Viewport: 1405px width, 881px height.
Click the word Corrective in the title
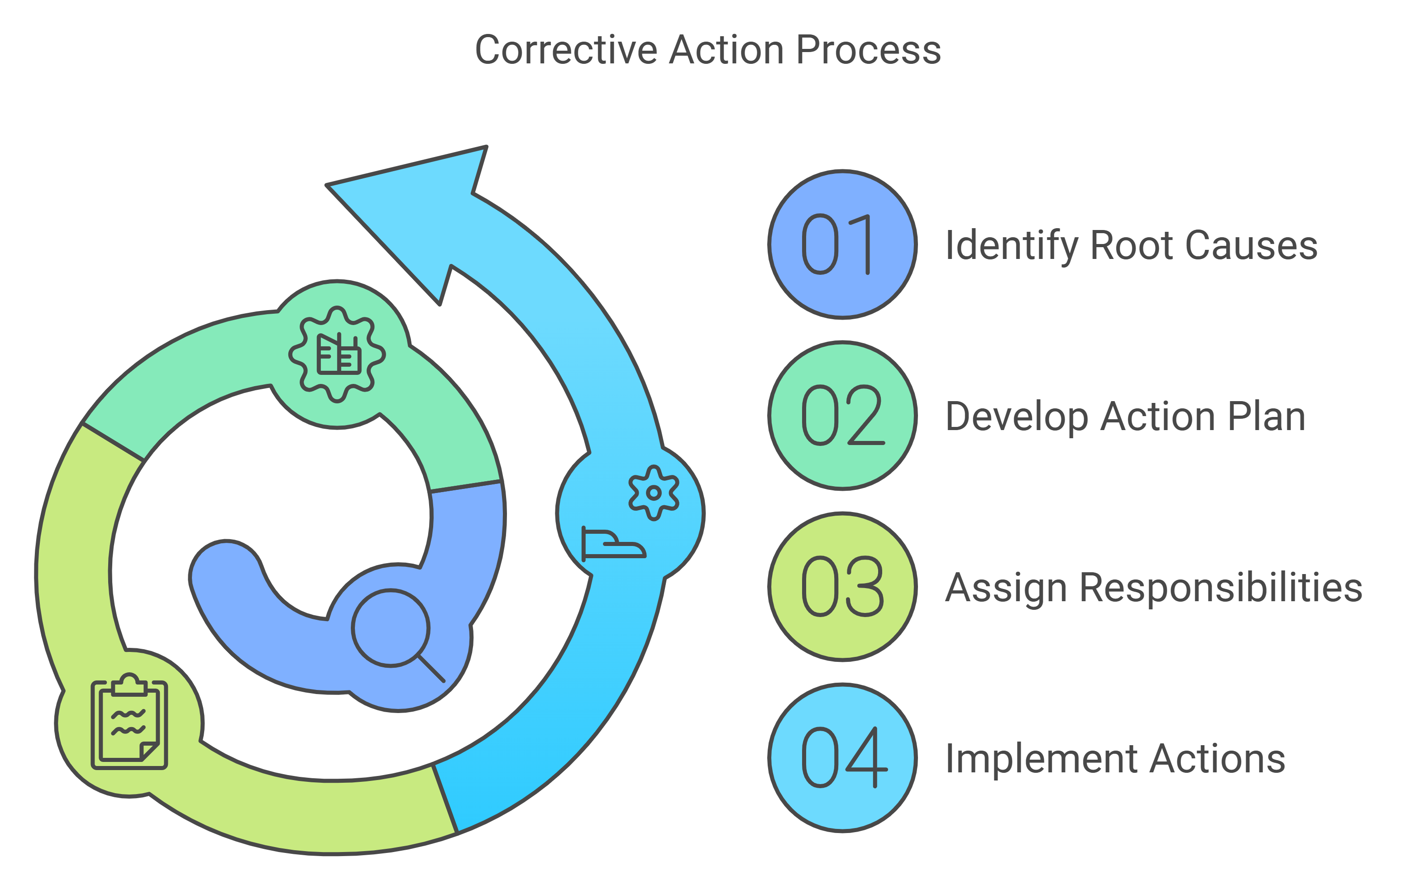[566, 50]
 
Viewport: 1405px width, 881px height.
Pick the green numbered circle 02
[842, 416]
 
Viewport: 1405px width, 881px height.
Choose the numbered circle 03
[842, 587]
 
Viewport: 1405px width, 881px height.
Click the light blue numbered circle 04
[842, 757]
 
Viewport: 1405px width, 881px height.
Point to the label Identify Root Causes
[1131, 246]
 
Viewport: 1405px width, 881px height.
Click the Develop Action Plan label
[1125, 417]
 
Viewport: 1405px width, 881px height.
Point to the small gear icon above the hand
[654, 493]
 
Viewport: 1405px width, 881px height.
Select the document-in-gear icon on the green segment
[337, 354]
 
